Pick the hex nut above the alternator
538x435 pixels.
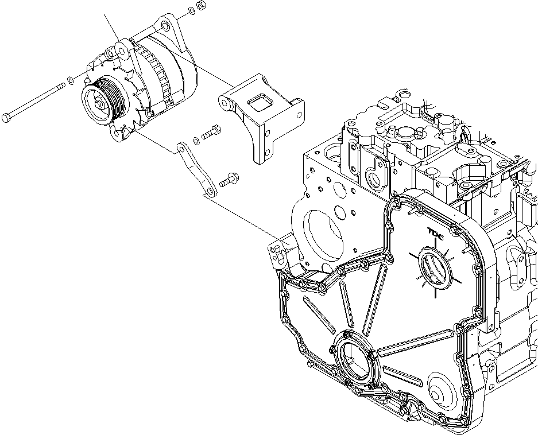point(202,6)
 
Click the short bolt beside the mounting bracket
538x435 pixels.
point(212,133)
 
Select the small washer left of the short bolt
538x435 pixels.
point(196,139)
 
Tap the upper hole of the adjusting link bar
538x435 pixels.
point(182,149)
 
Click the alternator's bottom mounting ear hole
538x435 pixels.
point(118,135)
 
